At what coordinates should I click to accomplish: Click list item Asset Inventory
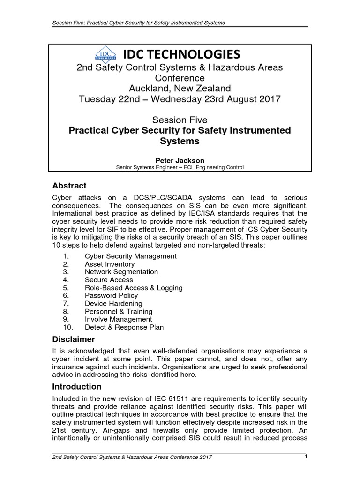coord(109,264)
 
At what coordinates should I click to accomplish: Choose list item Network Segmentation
coord(121,272)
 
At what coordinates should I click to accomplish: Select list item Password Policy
coord(111,295)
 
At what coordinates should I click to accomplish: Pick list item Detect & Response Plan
coord(124,327)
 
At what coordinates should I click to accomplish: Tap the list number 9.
coord(66,319)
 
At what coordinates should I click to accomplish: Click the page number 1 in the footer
coord(305,457)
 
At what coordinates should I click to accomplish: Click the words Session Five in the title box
coord(180,120)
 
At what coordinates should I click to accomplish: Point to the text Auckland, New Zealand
coord(180,88)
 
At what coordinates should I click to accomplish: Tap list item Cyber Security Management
coord(130,256)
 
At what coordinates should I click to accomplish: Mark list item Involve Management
coord(118,319)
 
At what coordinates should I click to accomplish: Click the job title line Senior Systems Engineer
coord(180,167)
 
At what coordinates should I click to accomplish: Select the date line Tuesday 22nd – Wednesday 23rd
coord(180,99)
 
